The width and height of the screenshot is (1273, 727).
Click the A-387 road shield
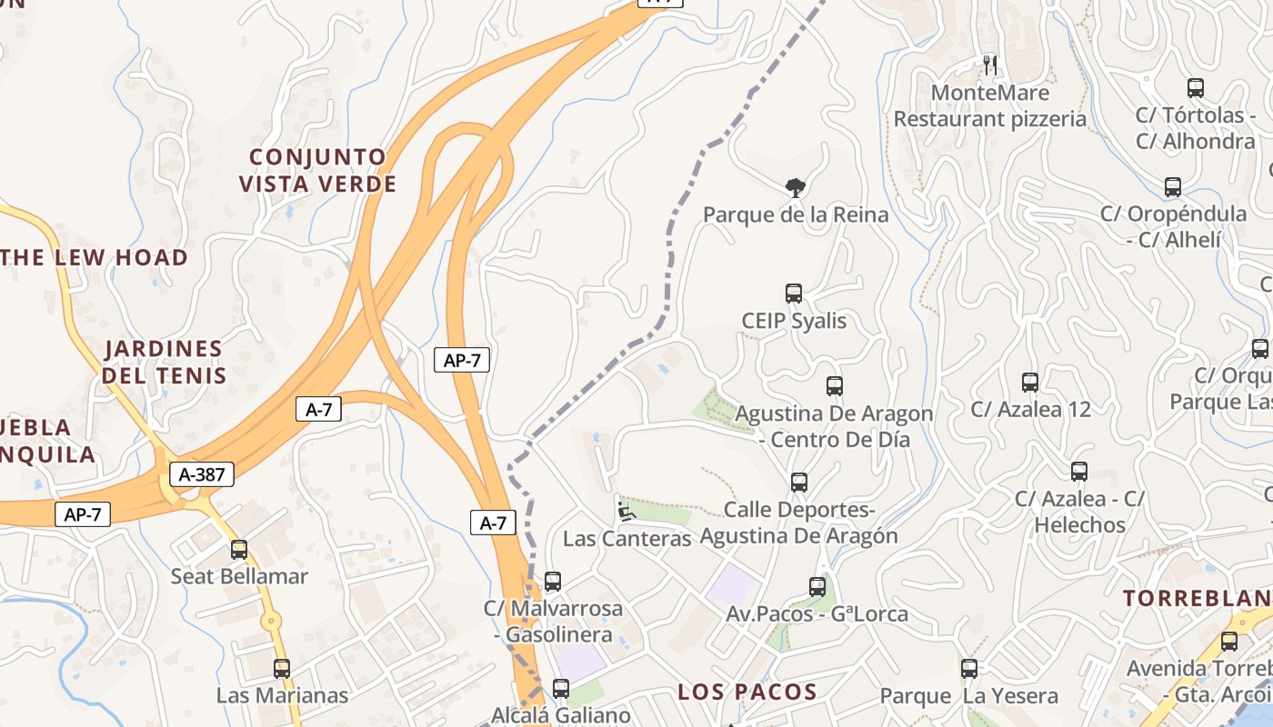[x=202, y=473]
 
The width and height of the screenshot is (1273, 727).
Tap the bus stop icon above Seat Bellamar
[x=239, y=549]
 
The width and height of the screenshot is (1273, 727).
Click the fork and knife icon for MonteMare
[x=990, y=65]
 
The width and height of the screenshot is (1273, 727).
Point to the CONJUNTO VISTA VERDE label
[x=318, y=171]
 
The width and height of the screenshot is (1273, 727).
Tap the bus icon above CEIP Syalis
[x=794, y=294]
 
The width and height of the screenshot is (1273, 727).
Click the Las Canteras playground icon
[x=626, y=511]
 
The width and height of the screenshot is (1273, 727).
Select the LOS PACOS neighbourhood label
[x=747, y=692]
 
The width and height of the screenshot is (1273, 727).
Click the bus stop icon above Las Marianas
[x=282, y=669]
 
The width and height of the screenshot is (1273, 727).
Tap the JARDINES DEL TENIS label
[x=164, y=362]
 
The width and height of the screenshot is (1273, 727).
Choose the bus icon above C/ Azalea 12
[x=1030, y=383]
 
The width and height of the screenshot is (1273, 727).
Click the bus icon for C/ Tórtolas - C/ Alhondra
[x=1196, y=88]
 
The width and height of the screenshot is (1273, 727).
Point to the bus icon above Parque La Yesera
[x=969, y=669]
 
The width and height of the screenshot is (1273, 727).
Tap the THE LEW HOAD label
[x=95, y=257]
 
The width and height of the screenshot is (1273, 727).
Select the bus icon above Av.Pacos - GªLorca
[x=817, y=587]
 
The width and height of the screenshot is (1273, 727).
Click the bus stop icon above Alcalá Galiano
[x=561, y=688]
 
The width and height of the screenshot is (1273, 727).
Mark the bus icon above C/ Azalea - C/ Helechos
[x=1079, y=472]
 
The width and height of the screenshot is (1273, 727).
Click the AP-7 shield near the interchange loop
[x=462, y=360]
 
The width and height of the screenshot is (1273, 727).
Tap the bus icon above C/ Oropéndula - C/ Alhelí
[x=1173, y=187]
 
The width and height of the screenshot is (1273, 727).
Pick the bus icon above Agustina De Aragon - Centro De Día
[x=835, y=386]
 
